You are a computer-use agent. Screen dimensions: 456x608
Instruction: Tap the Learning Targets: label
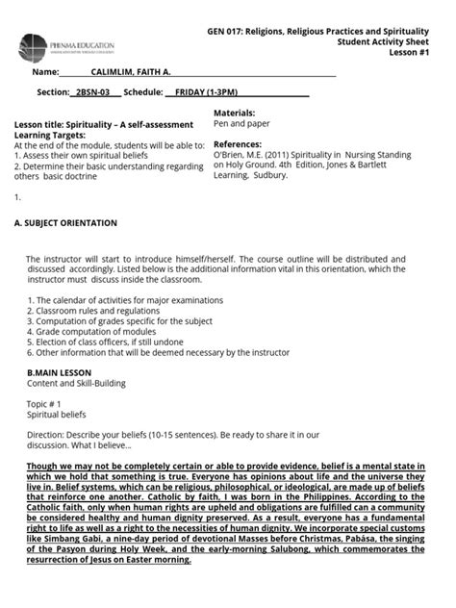49,136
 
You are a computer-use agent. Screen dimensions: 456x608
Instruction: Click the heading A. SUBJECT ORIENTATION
66,223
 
